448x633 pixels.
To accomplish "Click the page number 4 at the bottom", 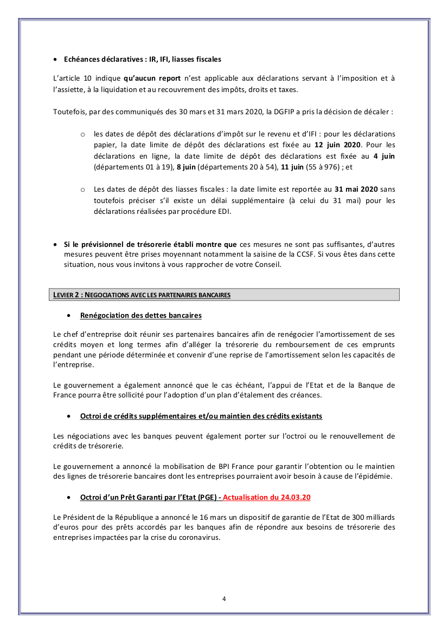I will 224,598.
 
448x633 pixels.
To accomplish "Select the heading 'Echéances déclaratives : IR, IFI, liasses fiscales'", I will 142,59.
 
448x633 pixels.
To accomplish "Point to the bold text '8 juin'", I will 185,167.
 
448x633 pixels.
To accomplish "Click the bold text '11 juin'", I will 290,167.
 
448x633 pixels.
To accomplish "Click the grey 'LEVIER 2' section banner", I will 226,295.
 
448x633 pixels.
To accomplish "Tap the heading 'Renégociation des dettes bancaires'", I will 140,315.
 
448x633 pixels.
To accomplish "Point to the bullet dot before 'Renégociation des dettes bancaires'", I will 68,316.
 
